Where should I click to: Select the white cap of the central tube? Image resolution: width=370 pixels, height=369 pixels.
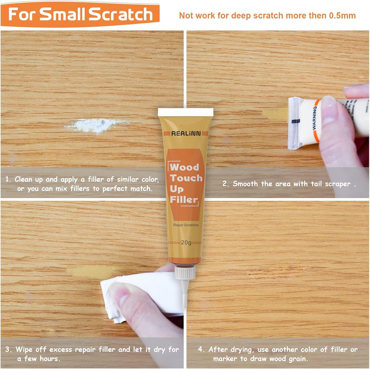(185, 112)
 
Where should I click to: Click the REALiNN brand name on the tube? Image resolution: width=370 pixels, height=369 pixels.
(186, 133)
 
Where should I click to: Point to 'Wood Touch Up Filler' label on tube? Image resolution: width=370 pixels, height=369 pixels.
(185, 184)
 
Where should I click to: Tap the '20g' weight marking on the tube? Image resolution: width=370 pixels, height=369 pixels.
(186, 242)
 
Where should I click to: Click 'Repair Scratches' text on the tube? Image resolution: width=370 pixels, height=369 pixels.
(186, 225)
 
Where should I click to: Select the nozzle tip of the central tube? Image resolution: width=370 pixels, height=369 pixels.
(184, 297)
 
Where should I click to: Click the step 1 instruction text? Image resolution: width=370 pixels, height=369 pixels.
(82, 184)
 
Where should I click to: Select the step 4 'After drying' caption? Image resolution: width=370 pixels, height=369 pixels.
(278, 354)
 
